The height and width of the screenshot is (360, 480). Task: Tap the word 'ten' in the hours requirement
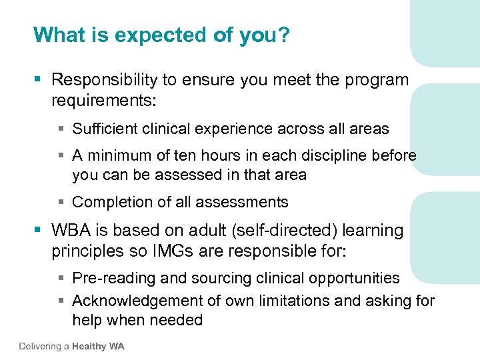tap(184, 156)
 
